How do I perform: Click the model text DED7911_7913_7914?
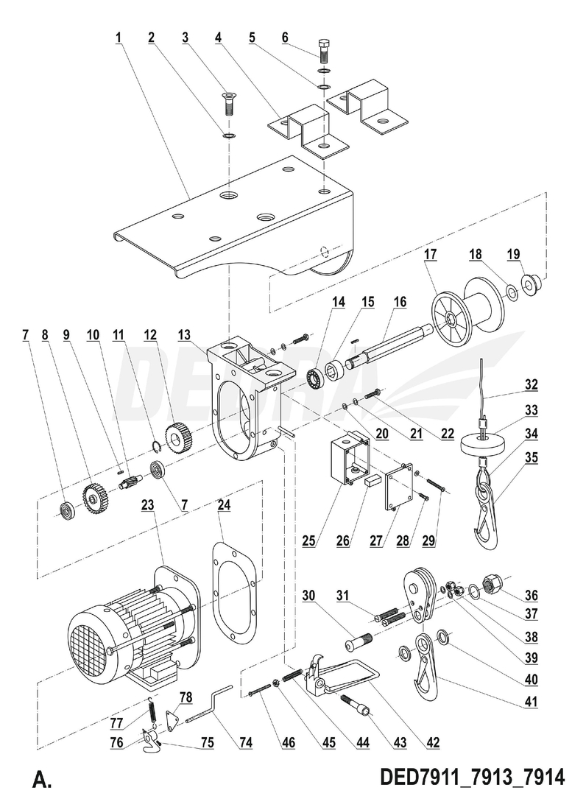472,778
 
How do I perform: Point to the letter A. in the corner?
42,780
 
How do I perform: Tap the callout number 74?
245,744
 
